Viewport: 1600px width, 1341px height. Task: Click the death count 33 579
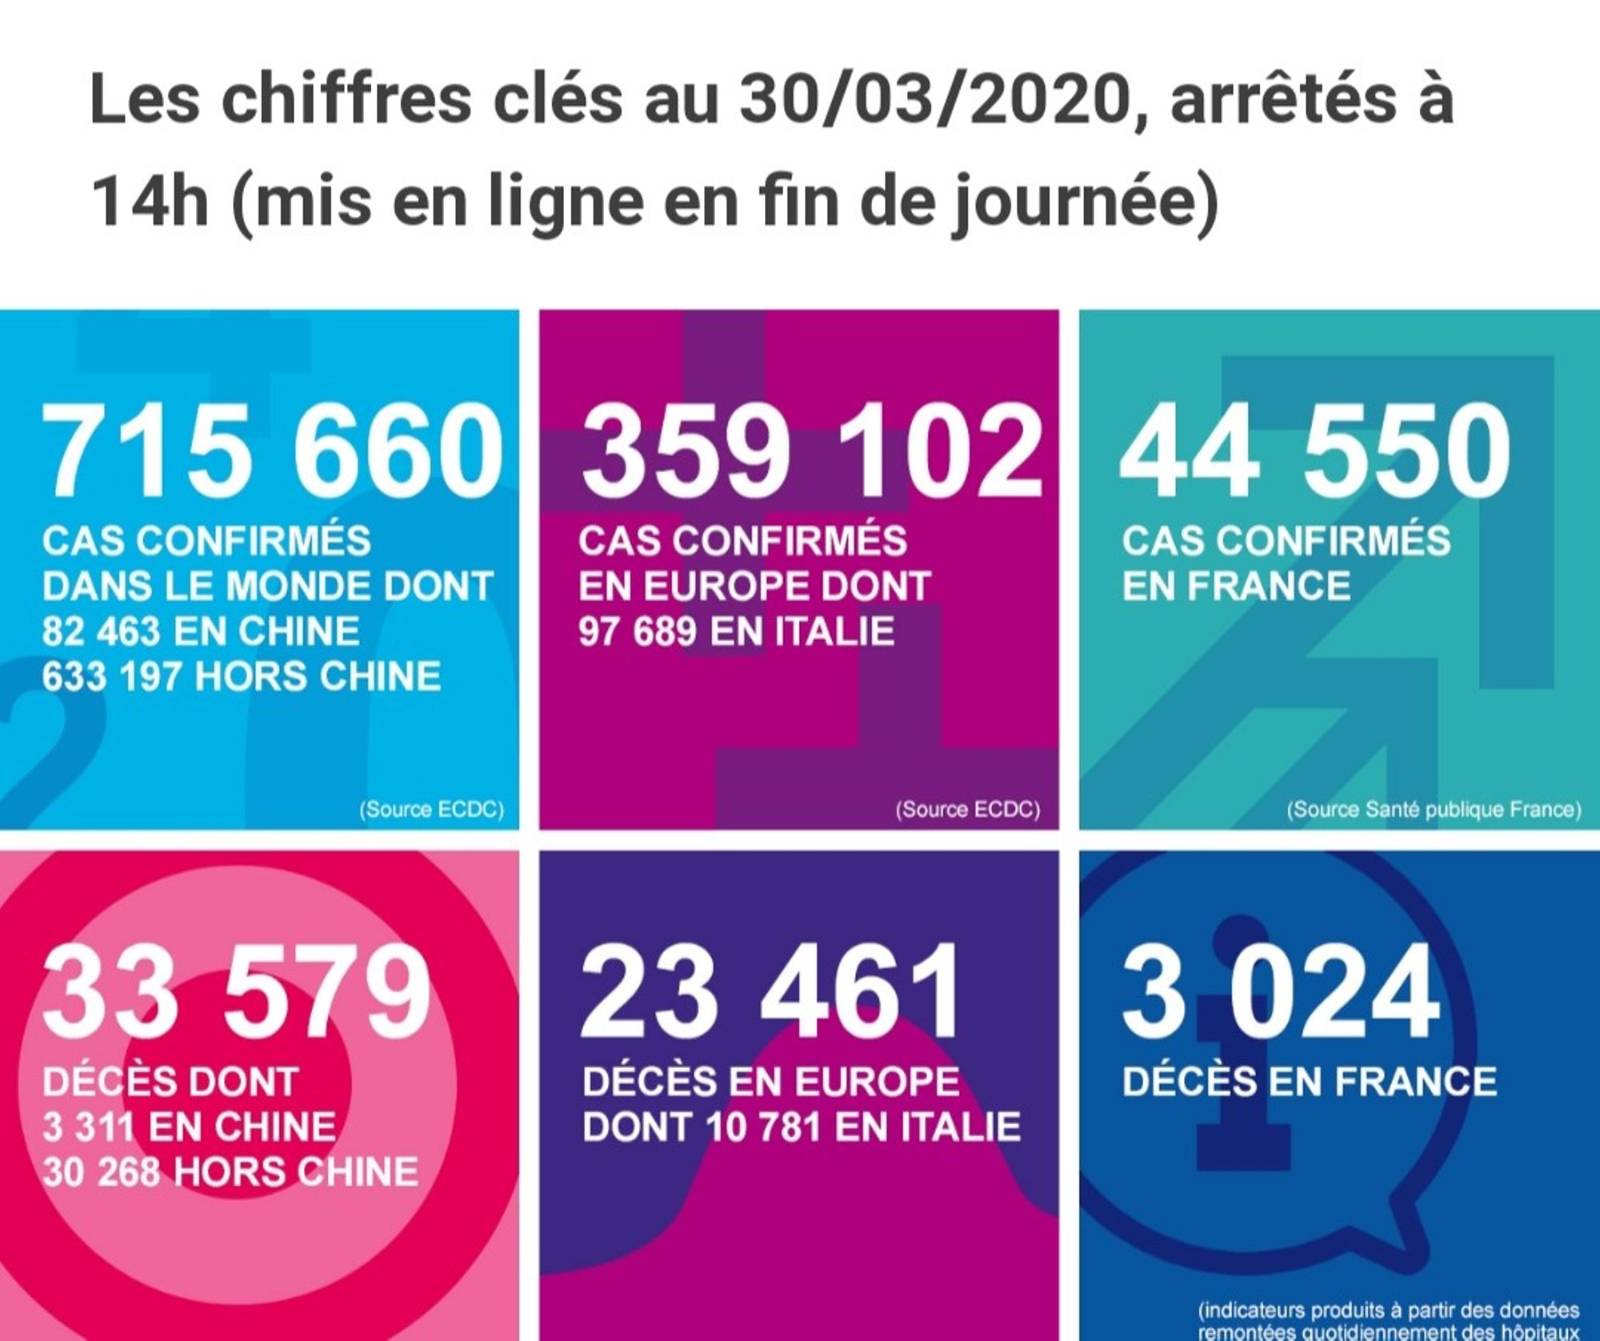pyautogui.click(x=237, y=992)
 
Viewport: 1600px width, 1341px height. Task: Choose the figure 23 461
pyautogui.click(x=770, y=992)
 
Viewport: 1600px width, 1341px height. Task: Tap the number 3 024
pyautogui.click(x=1280, y=992)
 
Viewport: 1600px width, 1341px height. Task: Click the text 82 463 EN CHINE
pyautogui.click(x=201, y=631)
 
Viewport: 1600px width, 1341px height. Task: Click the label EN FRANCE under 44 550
pyautogui.click(x=1236, y=586)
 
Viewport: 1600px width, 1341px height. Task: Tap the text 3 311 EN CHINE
pyautogui.click(x=190, y=1127)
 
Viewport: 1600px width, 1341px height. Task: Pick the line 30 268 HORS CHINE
pyautogui.click(x=230, y=1172)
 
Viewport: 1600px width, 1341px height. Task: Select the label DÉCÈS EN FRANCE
pyautogui.click(x=1309, y=1082)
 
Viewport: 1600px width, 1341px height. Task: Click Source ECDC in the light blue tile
pyautogui.click(x=432, y=810)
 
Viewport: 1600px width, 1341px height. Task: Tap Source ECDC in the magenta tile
pyautogui.click(x=968, y=810)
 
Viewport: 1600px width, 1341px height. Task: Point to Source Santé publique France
pyautogui.click(x=1434, y=810)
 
